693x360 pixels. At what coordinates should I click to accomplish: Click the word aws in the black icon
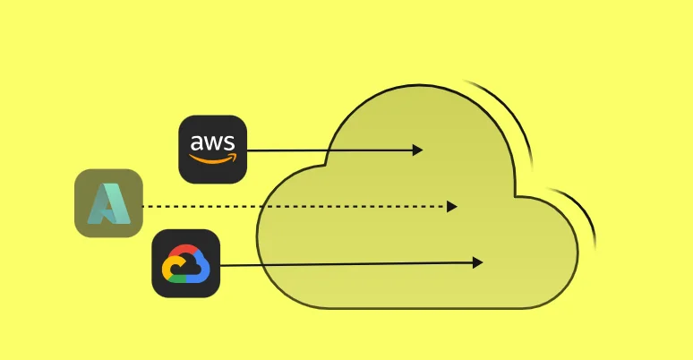(212, 143)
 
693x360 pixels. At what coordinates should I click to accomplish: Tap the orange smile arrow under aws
(212, 160)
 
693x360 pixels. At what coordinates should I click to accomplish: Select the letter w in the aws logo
(212, 143)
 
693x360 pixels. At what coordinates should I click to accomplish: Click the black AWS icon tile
(212, 150)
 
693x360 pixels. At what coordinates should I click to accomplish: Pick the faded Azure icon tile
(108, 203)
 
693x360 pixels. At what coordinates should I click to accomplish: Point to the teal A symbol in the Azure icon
(108, 203)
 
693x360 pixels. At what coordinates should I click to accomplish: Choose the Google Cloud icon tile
(186, 263)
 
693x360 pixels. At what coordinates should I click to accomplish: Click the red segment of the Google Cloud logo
(184, 250)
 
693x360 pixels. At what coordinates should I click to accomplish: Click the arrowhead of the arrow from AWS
(417, 150)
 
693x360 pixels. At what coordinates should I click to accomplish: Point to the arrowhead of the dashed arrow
(452, 206)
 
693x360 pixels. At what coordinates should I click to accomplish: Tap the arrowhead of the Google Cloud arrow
(478, 262)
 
